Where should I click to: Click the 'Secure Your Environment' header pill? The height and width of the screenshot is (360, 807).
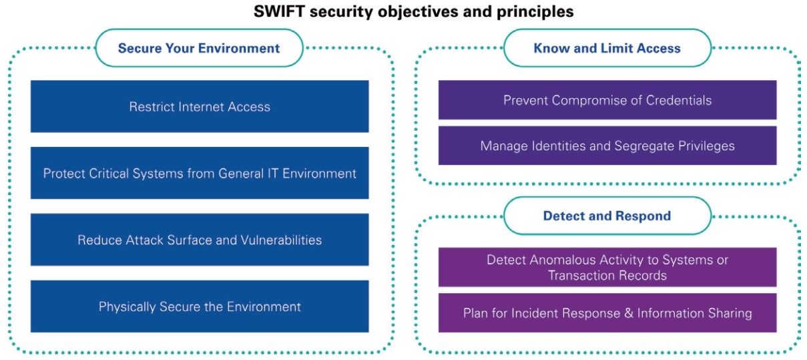[199, 48]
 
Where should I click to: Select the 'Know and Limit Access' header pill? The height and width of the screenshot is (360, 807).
[607, 48]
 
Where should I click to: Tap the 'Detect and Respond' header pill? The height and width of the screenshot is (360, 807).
[607, 216]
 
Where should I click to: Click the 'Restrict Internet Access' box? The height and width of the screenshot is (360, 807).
[200, 106]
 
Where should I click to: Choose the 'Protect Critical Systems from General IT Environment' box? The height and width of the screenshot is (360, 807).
[200, 173]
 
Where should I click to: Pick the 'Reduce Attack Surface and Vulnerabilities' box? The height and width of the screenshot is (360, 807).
[200, 240]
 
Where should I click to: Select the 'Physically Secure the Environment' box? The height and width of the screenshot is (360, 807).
[200, 307]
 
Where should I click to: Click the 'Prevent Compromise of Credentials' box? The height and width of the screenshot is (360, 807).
[607, 100]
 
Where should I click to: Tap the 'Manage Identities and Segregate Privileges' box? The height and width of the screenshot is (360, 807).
[607, 146]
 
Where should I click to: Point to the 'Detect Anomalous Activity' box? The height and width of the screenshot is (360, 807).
[607, 267]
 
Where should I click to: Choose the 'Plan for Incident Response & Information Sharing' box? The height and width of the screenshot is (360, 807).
[607, 313]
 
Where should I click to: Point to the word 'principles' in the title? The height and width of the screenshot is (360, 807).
[541, 12]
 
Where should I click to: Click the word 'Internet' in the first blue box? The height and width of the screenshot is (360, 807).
[200, 106]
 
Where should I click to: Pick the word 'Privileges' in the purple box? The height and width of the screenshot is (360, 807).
[706, 146]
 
